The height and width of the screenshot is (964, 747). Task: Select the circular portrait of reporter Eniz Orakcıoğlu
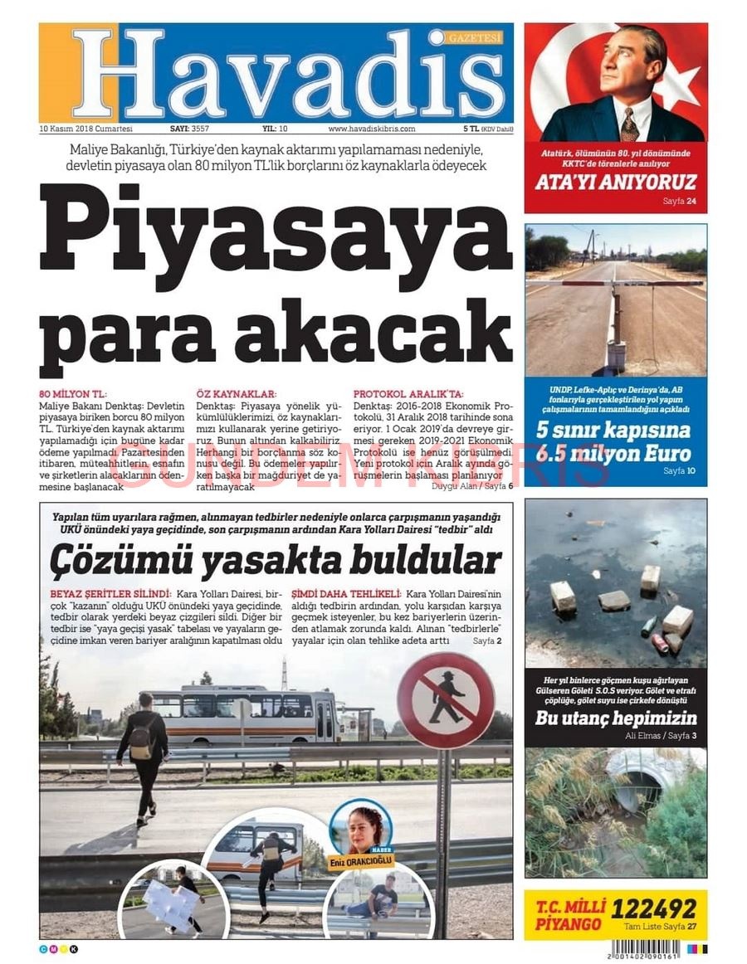coord(360,825)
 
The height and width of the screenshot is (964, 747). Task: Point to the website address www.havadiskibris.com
coord(372,129)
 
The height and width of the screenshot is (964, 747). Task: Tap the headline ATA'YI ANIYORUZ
coord(615,183)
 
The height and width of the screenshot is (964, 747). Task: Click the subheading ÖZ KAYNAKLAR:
coord(237,394)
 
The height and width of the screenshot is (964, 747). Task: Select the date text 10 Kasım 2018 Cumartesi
coord(86,129)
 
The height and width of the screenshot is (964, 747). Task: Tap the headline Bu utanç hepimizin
coord(616,718)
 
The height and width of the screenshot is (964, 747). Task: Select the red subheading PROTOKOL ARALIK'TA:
coord(408,394)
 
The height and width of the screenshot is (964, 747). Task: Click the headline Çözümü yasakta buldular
coord(276,561)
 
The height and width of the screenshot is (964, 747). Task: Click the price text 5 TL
coord(471,129)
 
